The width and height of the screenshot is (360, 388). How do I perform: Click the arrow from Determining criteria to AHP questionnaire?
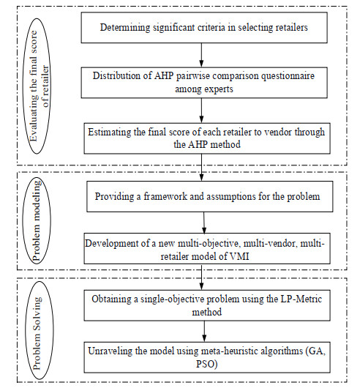[201, 55]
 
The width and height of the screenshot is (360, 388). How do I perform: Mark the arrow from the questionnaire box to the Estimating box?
[201, 111]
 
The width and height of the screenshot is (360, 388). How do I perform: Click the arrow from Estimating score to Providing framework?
[201, 168]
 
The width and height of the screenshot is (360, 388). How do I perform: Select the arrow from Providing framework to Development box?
[204, 223]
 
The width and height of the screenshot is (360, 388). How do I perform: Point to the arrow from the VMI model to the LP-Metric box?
[201, 277]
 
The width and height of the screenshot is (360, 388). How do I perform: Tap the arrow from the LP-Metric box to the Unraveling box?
[204, 332]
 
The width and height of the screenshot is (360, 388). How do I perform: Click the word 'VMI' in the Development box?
[239, 256]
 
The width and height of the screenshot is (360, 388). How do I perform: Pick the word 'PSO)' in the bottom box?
[207, 365]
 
